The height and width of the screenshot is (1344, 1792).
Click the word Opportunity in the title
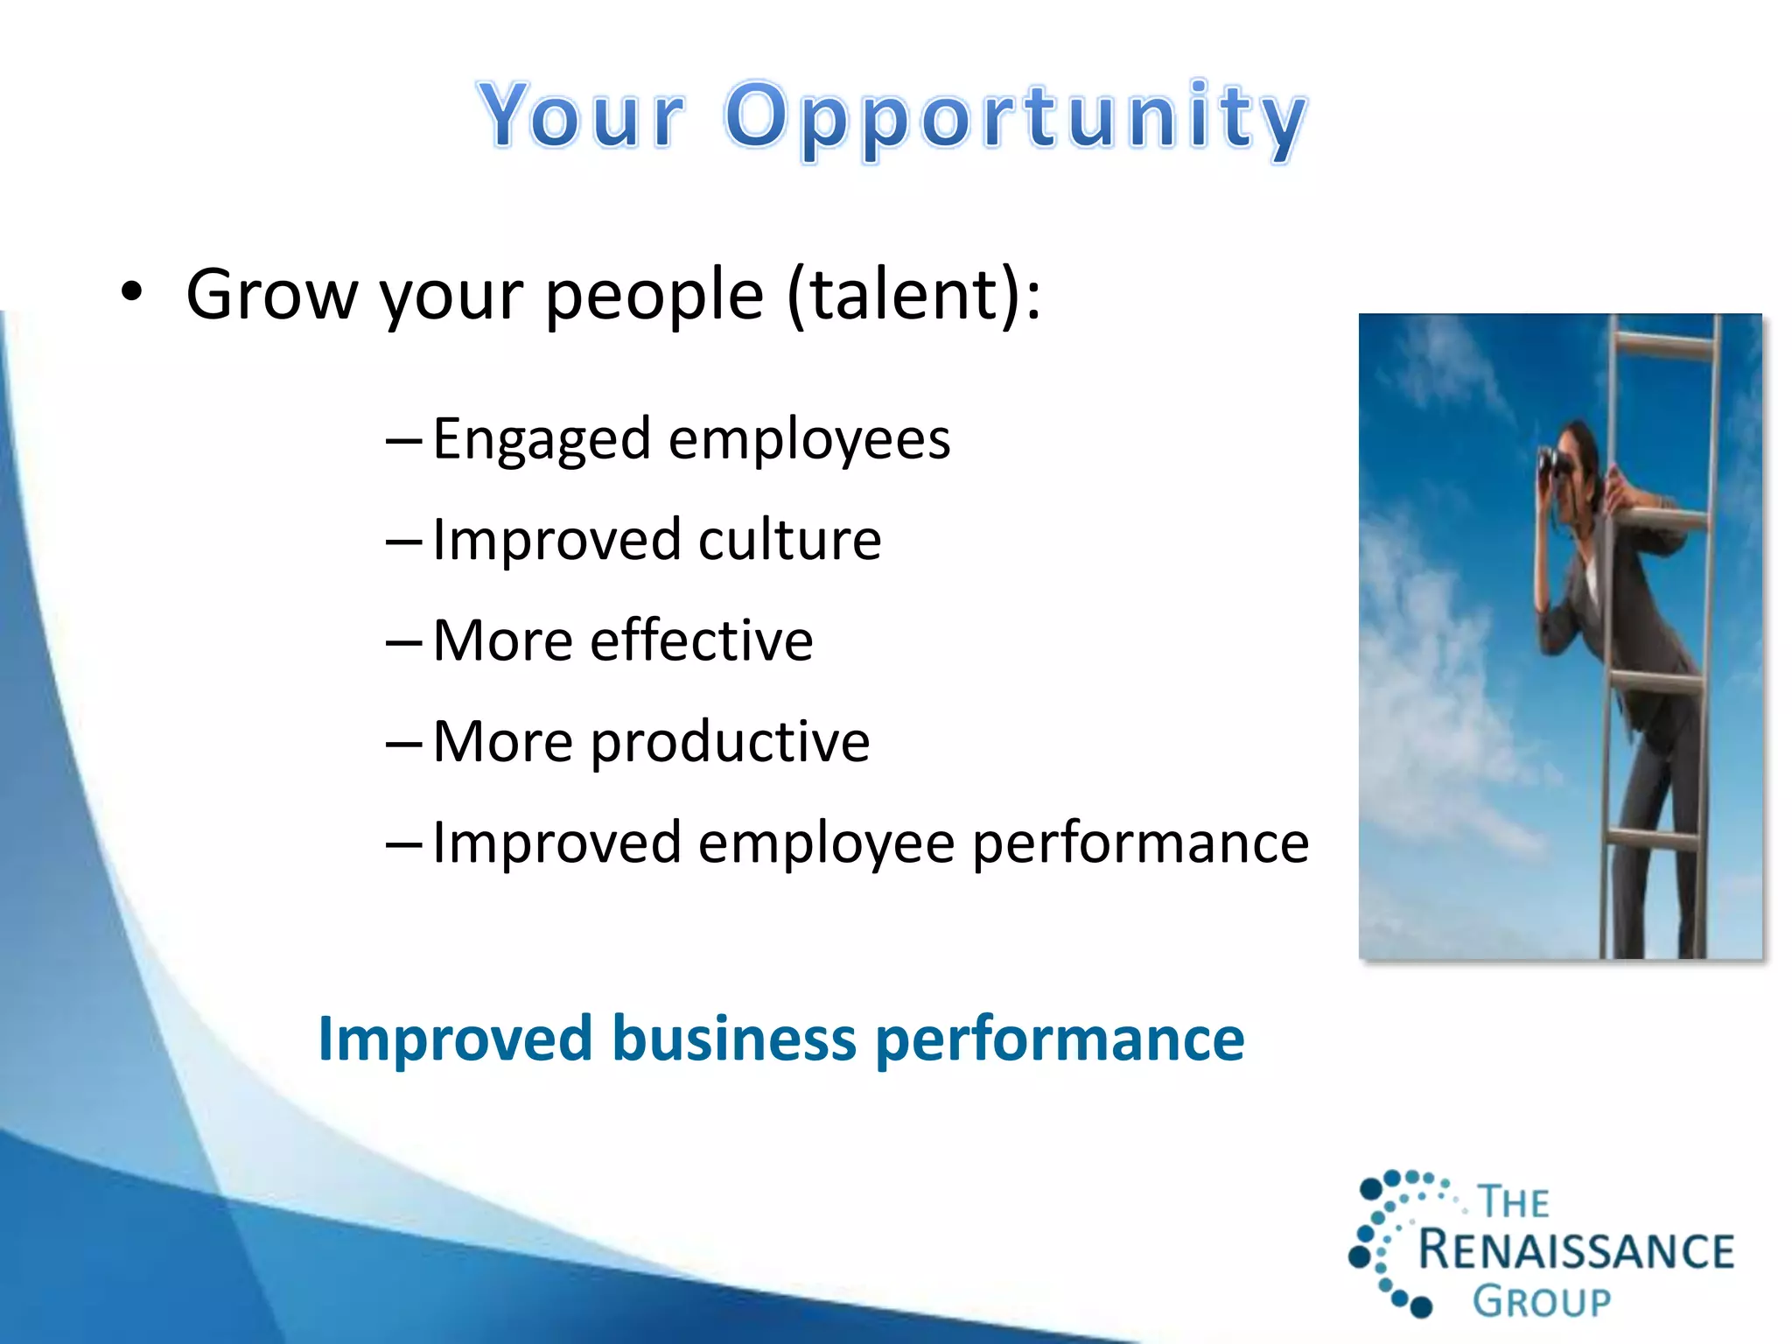[x=1015, y=118]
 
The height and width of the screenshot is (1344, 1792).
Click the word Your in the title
[x=582, y=115]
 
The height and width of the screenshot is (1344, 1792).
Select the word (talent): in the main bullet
[x=914, y=295]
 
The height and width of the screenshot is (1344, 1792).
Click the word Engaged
[x=542, y=440]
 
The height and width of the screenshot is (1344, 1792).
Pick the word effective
[x=701, y=640]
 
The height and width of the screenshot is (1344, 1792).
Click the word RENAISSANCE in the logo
[x=1575, y=1249]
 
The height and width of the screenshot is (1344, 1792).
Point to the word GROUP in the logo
[x=1541, y=1302]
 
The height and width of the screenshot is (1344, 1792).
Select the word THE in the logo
[x=1514, y=1202]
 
